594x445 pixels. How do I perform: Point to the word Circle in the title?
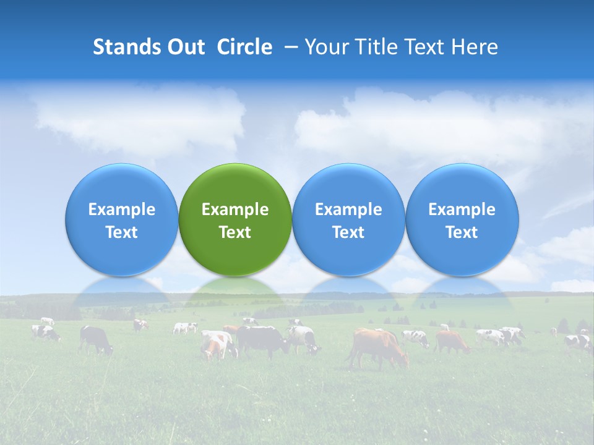point(244,47)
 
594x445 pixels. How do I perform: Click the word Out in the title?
point(185,47)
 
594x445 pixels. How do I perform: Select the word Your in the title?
point(327,47)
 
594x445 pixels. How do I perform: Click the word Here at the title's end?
point(475,47)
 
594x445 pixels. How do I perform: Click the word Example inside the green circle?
point(235,210)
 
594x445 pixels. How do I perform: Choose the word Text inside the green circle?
point(235,232)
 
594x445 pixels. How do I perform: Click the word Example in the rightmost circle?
point(462,210)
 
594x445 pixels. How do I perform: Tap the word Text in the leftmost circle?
point(121,232)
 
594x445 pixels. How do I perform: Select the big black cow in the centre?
point(263,340)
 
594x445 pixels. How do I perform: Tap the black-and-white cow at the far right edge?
point(579,341)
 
